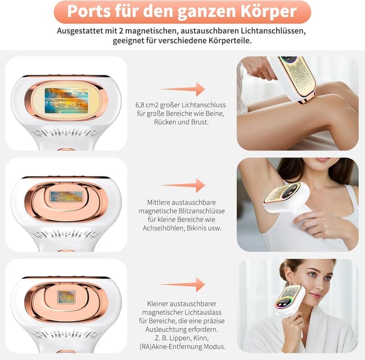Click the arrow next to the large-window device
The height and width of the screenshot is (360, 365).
click(182, 89)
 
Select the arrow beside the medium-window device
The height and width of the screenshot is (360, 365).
click(182, 185)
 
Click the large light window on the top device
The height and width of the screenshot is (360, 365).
click(66, 101)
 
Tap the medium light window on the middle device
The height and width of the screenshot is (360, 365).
click(66, 197)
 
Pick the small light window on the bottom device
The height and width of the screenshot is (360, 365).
click(66, 297)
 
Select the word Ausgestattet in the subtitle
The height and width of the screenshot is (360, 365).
click(80, 30)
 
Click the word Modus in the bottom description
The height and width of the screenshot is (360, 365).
click(212, 346)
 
